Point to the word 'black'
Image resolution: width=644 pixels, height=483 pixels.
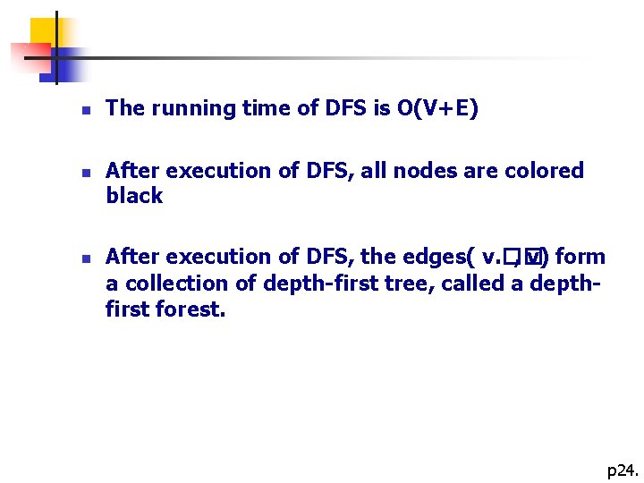(x=134, y=197)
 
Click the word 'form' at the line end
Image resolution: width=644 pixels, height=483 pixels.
(x=580, y=258)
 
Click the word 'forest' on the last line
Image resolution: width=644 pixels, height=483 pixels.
(x=196, y=309)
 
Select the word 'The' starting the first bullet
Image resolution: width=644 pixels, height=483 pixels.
(x=125, y=109)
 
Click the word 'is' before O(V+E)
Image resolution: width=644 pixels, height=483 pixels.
(x=382, y=109)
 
